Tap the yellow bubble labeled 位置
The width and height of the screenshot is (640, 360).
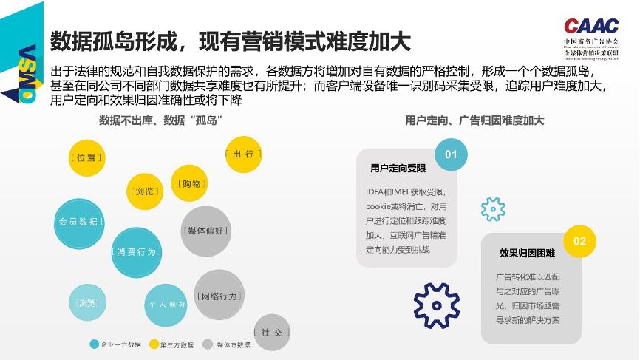pos(86,157)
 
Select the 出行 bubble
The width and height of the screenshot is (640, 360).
pos(243,154)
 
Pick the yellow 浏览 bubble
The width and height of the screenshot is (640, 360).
pos(145,191)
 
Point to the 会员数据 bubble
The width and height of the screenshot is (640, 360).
pos(78,222)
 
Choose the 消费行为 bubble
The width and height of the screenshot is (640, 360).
pos(137,252)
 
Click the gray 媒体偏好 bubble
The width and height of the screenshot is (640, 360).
pos(205,231)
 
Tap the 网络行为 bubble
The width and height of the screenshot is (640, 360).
pos(219,296)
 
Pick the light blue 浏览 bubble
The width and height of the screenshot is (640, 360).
pos(87,303)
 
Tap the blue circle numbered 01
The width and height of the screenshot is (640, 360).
pos(451,154)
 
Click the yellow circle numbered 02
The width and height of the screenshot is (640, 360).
pos(579,241)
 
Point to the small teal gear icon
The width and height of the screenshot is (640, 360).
pos(493,209)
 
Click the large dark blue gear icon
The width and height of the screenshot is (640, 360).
pos(437,305)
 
